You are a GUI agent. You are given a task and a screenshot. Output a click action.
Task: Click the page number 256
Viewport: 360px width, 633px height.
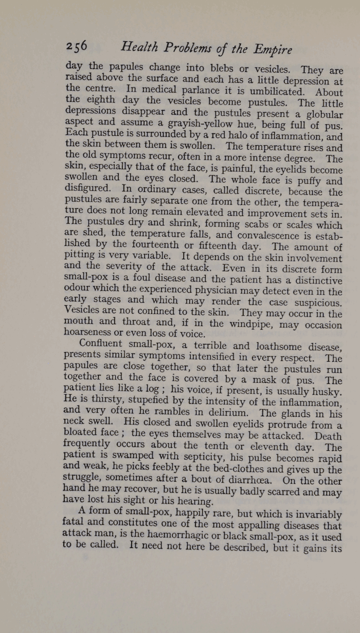click(x=77, y=47)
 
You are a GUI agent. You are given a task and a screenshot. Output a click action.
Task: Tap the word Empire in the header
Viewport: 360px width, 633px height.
click(x=273, y=50)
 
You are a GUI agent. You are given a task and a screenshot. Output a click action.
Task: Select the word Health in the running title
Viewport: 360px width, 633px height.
click(x=138, y=48)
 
